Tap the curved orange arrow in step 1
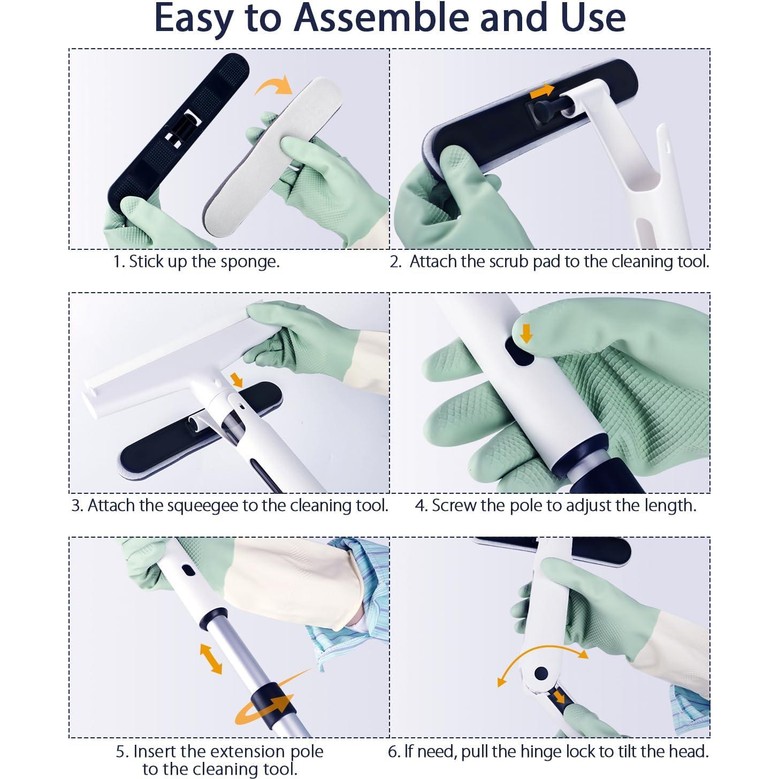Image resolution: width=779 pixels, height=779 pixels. [273, 85]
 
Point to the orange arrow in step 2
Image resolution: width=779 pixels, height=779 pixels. [541, 91]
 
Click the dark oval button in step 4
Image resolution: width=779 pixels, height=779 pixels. [519, 352]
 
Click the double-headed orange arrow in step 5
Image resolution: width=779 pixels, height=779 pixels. [211, 659]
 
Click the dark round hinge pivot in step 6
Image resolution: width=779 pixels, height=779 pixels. [541, 673]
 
